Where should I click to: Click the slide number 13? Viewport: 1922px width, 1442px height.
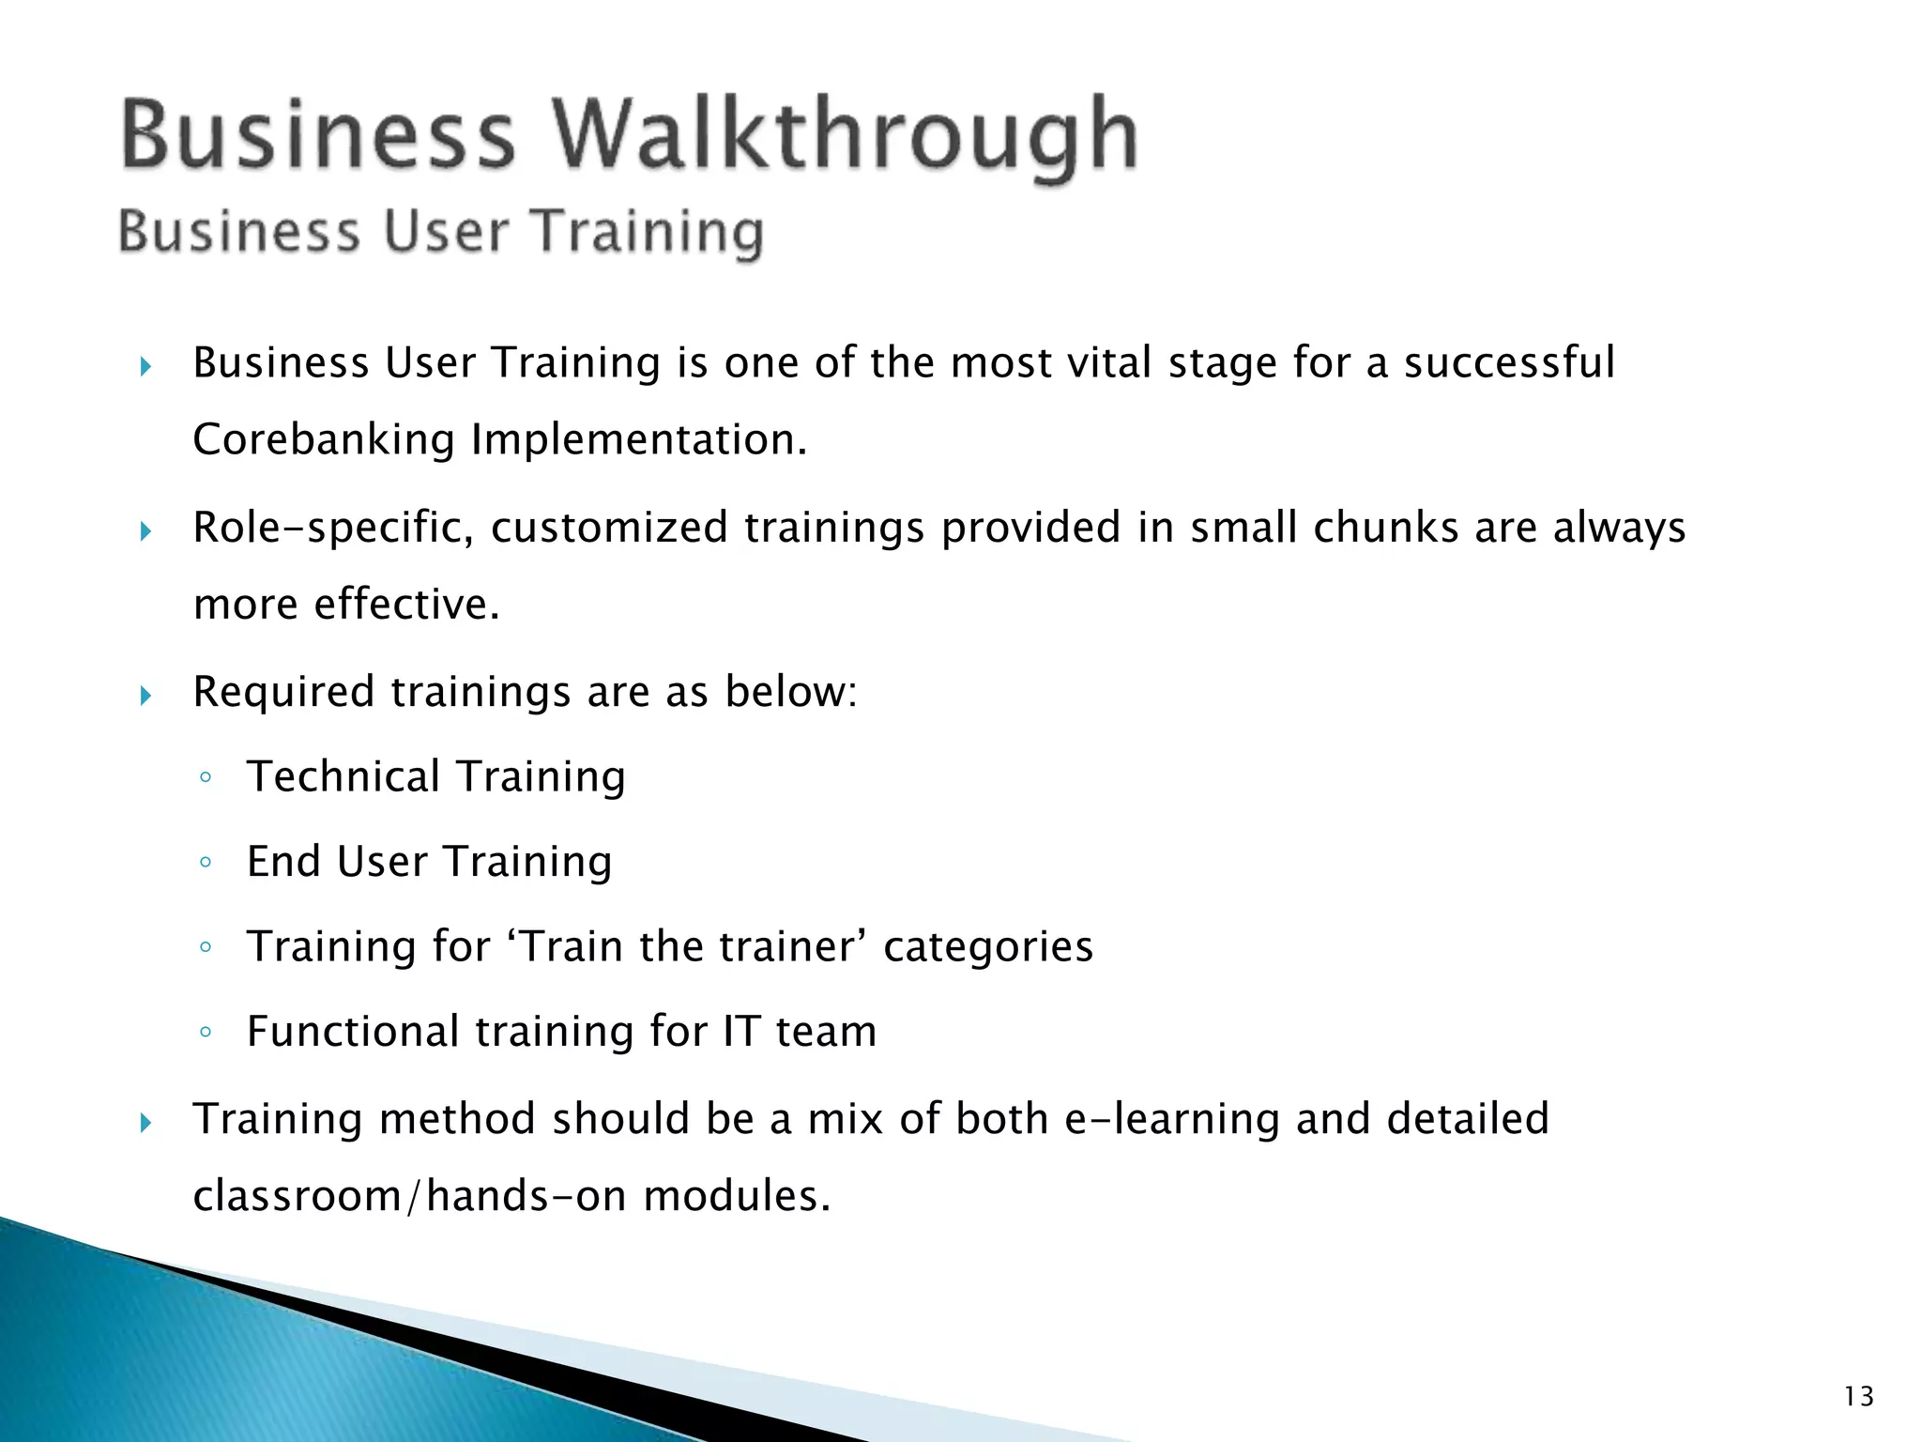click(1858, 1397)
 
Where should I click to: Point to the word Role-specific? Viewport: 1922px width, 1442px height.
click(333, 529)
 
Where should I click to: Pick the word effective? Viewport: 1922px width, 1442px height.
click(406, 605)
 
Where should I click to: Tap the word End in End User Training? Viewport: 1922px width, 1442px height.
click(283, 862)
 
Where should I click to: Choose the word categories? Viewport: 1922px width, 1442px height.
click(988, 947)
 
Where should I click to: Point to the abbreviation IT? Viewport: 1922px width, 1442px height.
click(741, 1032)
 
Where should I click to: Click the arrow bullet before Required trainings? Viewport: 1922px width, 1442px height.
click(145, 696)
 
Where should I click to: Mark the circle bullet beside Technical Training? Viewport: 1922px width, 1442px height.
click(206, 778)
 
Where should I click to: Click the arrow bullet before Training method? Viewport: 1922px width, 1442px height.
click(145, 1123)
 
